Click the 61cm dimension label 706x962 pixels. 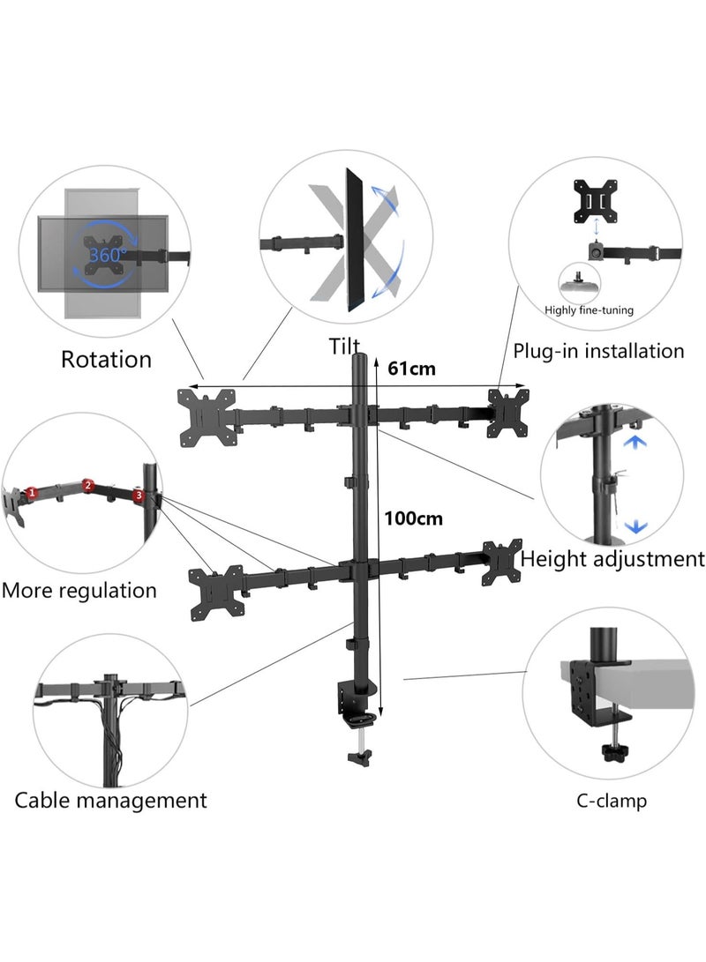click(x=411, y=369)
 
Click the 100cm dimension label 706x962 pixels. click(x=413, y=518)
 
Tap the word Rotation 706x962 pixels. click(x=106, y=359)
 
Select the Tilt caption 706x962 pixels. click(x=345, y=346)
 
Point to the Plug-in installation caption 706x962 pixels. click(x=598, y=351)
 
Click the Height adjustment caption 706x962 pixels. click(x=612, y=558)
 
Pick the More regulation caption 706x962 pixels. click(x=79, y=590)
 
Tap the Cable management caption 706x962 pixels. click(x=110, y=801)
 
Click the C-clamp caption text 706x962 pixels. click(x=612, y=802)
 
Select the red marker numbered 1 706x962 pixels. click(x=32, y=492)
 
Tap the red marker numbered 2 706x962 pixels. click(x=87, y=485)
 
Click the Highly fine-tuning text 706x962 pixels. click(x=589, y=310)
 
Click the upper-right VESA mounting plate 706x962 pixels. click(x=507, y=410)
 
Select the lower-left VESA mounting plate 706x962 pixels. click(x=216, y=592)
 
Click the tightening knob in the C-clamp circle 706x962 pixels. click(x=607, y=753)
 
